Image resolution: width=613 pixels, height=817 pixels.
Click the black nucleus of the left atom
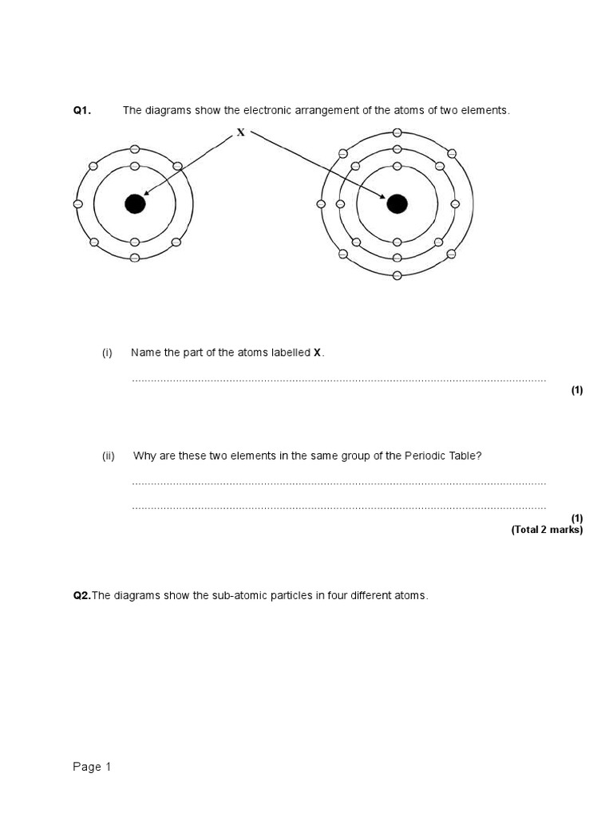pyautogui.click(x=135, y=204)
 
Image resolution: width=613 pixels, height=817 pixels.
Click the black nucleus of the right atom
pyautogui.click(x=397, y=204)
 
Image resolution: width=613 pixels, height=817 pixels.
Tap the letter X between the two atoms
pyautogui.click(x=240, y=132)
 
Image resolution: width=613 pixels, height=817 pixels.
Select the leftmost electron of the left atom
pyautogui.click(x=78, y=204)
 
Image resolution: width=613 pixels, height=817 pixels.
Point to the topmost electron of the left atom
pyautogui.click(x=135, y=150)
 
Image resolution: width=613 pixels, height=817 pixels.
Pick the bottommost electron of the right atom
pyautogui.click(x=397, y=275)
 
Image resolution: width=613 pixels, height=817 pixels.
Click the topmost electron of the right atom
pyautogui.click(x=397, y=133)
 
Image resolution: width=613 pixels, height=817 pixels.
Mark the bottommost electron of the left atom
pyautogui.click(x=135, y=258)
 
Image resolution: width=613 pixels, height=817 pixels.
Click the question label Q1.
pyautogui.click(x=82, y=111)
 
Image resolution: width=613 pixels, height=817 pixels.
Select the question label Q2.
pyautogui.click(x=82, y=596)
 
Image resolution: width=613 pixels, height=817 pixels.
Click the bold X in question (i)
pyautogui.click(x=317, y=353)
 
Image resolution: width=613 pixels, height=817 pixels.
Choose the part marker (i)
pyautogui.click(x=107, y=353)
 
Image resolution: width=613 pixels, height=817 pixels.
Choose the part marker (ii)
pyautogui.click(x=109, y=456)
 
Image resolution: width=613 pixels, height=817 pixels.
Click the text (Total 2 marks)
pyautogui.click(x=547, y=530)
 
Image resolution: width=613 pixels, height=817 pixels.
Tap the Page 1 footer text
pyautogui.click(x=92, y=767)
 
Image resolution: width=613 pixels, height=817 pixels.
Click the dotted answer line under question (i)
pyautogui.click(x=338, y=381)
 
